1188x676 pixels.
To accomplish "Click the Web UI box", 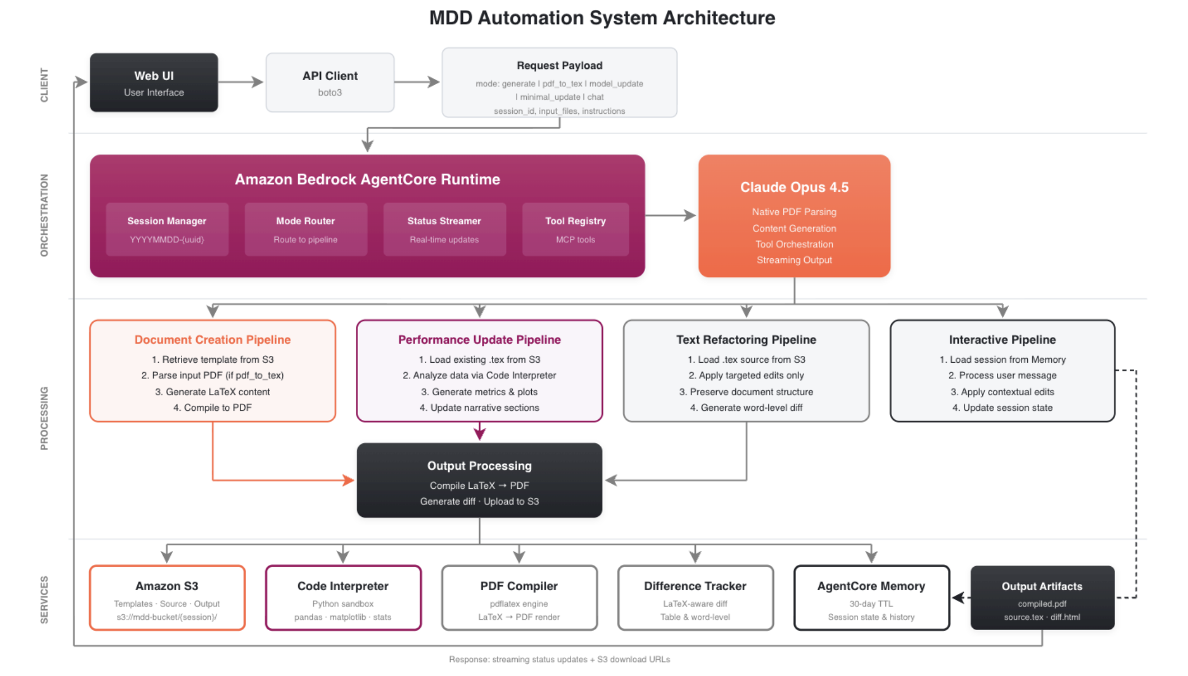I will pos(154,82).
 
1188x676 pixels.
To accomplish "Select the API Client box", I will pos(330,82).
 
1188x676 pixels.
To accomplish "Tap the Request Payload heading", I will pos(559,66).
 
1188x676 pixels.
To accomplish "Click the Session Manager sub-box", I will pos(167,229).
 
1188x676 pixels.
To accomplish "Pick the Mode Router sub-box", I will pos(305,229).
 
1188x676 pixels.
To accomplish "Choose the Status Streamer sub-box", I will pos(444,229).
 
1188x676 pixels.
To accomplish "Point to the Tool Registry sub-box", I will pos(575,229).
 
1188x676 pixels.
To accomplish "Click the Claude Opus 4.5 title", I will pos(793,187).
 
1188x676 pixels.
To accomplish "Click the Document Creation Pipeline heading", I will pos(212,340).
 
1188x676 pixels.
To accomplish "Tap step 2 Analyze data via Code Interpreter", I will pos(479,376).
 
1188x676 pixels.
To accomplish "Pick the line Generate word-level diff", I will pos(746,408).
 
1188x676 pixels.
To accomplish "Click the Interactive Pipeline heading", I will pos(1002,340).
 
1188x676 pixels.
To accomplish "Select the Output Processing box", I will pos(479,480).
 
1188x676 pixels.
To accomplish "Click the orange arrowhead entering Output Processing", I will pos(349,480).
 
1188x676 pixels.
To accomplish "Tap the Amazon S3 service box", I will pos(167,598).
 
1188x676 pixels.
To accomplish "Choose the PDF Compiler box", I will pos(519,598).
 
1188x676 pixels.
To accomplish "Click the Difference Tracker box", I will pos(695,598).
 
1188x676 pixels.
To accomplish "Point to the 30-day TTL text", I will pos(871,604).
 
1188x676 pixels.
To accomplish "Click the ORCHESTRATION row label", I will pos(44,215).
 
